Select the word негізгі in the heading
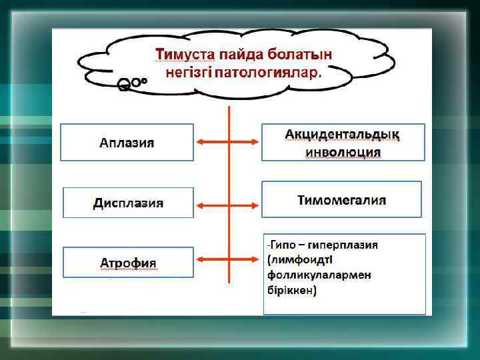tap(186, 71)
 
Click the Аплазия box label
tap(127, 143)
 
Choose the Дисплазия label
tap(128, 203)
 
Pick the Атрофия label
tap(128, 262)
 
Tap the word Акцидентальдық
tap(343, 135)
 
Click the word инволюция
tap(343, 152)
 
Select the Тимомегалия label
tap(342, 199)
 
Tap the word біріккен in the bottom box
tap(291, 291)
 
